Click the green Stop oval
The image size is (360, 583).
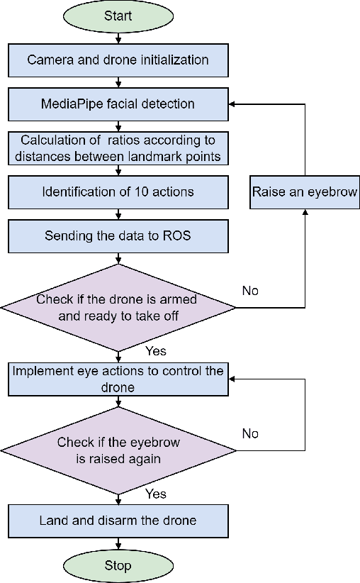click(118, 565)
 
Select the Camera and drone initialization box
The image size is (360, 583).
click(118, 60)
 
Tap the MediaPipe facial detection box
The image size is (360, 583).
click(118, 104)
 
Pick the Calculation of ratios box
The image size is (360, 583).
click(118, 148)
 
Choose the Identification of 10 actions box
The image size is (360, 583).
click(118, 191)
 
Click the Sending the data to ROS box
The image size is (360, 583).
click(118, 235)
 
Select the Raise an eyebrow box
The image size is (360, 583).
click(305, 191)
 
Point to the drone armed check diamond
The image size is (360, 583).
click(118, 308)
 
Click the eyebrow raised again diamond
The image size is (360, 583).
click(118, 450)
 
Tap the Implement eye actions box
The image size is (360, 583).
click(118, 379)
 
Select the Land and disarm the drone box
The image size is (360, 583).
click(118, 521)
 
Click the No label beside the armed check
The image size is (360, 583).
click(250, 291)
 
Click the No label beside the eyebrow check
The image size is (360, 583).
click(250, 433)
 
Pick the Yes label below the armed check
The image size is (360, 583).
click(156, 351)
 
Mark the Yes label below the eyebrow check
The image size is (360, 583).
click(156, 493)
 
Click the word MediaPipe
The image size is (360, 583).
click(69, 104)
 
